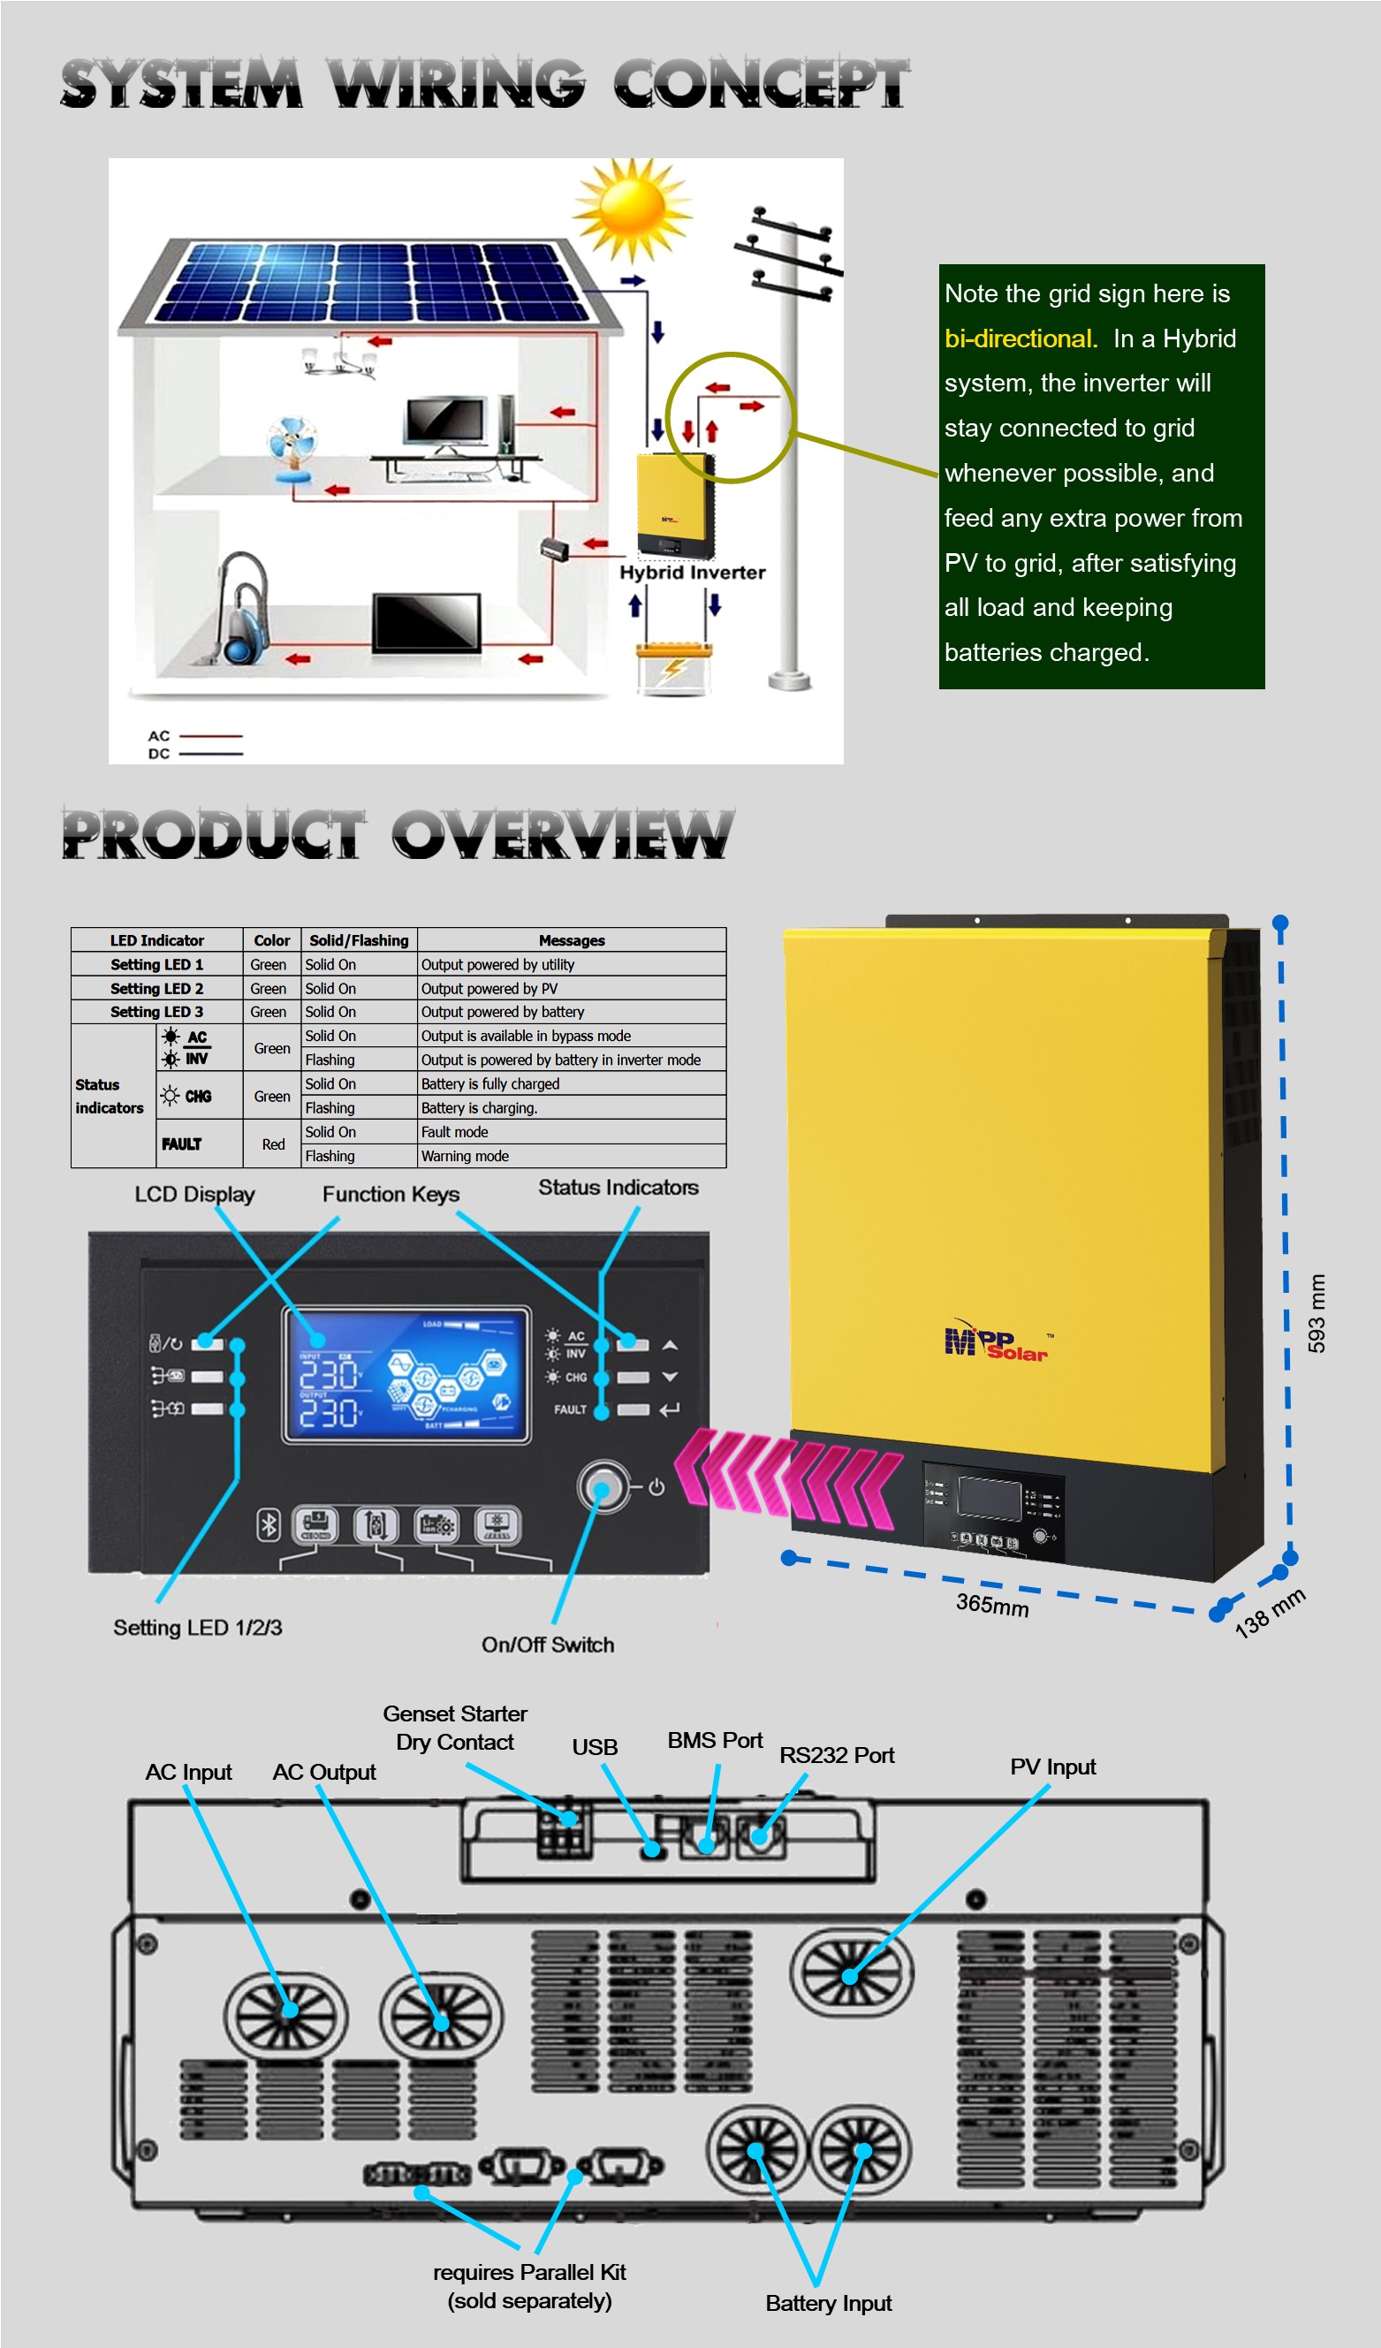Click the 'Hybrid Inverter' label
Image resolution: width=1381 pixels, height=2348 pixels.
(x=693, y=572)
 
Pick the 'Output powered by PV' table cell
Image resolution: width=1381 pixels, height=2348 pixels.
(x=489, y=989)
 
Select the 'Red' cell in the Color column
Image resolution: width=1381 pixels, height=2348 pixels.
(x=273, y=1144)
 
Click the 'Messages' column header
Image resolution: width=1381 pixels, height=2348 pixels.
(x=572, y=940)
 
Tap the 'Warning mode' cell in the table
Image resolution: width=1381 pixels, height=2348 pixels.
(x=465, y=1156)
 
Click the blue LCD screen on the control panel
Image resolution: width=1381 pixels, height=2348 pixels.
(x=406, y=1374)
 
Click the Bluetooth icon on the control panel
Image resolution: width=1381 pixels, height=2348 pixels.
(x=269, y=1524)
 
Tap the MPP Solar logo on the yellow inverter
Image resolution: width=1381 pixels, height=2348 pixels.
(x=996, y=1342)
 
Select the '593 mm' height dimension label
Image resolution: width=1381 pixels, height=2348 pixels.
(x=1316, y=1313)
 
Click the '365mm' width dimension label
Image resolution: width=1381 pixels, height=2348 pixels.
(x=991, y=1605)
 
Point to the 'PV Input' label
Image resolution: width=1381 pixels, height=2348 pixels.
(x=1052, y=1767)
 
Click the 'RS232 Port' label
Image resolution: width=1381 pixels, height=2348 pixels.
(x=836, y=1754)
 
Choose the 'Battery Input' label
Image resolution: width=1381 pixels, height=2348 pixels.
(x=828, y=2302)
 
